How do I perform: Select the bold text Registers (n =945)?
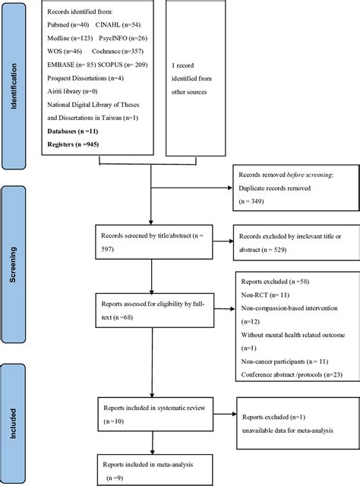tap(73, 144)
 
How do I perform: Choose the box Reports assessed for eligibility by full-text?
tap(152, 311)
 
